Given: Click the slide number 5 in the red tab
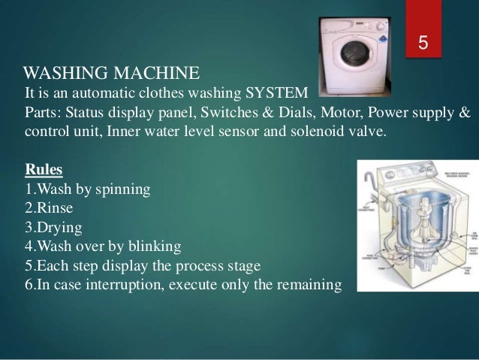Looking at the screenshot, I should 423,44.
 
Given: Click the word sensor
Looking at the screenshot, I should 243,132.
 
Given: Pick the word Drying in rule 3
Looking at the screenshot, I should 56,226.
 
